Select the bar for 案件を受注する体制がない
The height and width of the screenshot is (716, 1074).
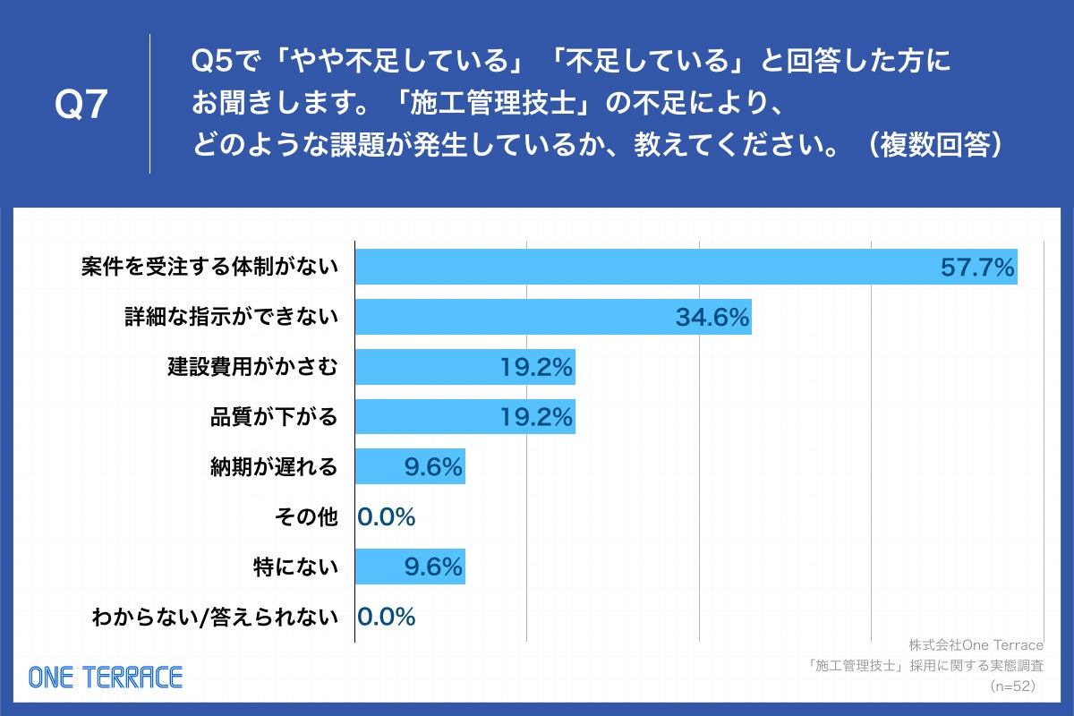644,267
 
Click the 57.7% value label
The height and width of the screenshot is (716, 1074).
977,267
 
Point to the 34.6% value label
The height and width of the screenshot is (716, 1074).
712,317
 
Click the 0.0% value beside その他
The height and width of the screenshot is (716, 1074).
387,516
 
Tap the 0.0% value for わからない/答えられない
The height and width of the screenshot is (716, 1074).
387,617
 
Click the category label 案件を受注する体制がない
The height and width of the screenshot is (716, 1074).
209,267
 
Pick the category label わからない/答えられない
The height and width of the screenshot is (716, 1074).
215,617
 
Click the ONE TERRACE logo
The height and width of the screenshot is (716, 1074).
106,677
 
